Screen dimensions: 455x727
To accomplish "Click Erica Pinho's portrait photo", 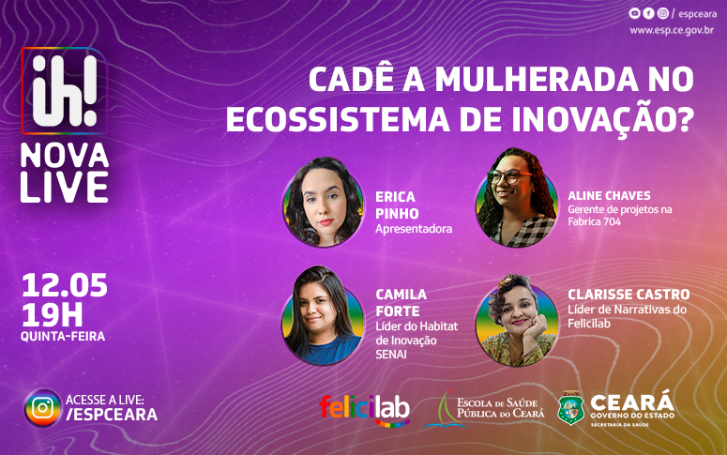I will pyautogui.click(x=323, y=202).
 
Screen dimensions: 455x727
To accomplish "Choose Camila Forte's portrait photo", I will pyautogui.click(x=323, y=315).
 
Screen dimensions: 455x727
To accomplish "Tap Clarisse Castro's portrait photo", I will pyautogui.click(x=517, y=319).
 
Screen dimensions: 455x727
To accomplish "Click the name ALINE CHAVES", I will pyautogui.click(x=609, y=195).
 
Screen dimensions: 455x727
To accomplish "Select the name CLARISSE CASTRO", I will pyautogui.click(x=629, y=295).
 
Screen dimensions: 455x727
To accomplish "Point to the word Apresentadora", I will pyautogui.click(x=414, y=228).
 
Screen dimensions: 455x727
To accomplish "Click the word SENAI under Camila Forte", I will pyautogui.click(x=393, y=354).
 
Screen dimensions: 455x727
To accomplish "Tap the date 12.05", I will pyautogui.click(x=64, y=284).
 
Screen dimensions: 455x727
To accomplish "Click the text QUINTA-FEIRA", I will pyautogui.click(x=63, y=336).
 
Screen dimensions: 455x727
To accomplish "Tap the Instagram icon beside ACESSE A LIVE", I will pyautogui.click(x=42, y=407).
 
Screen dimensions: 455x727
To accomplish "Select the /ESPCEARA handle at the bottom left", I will pyautogui.click(x=112, y=415).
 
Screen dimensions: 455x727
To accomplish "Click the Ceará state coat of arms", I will pyautogui.click(x=571, y=409).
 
